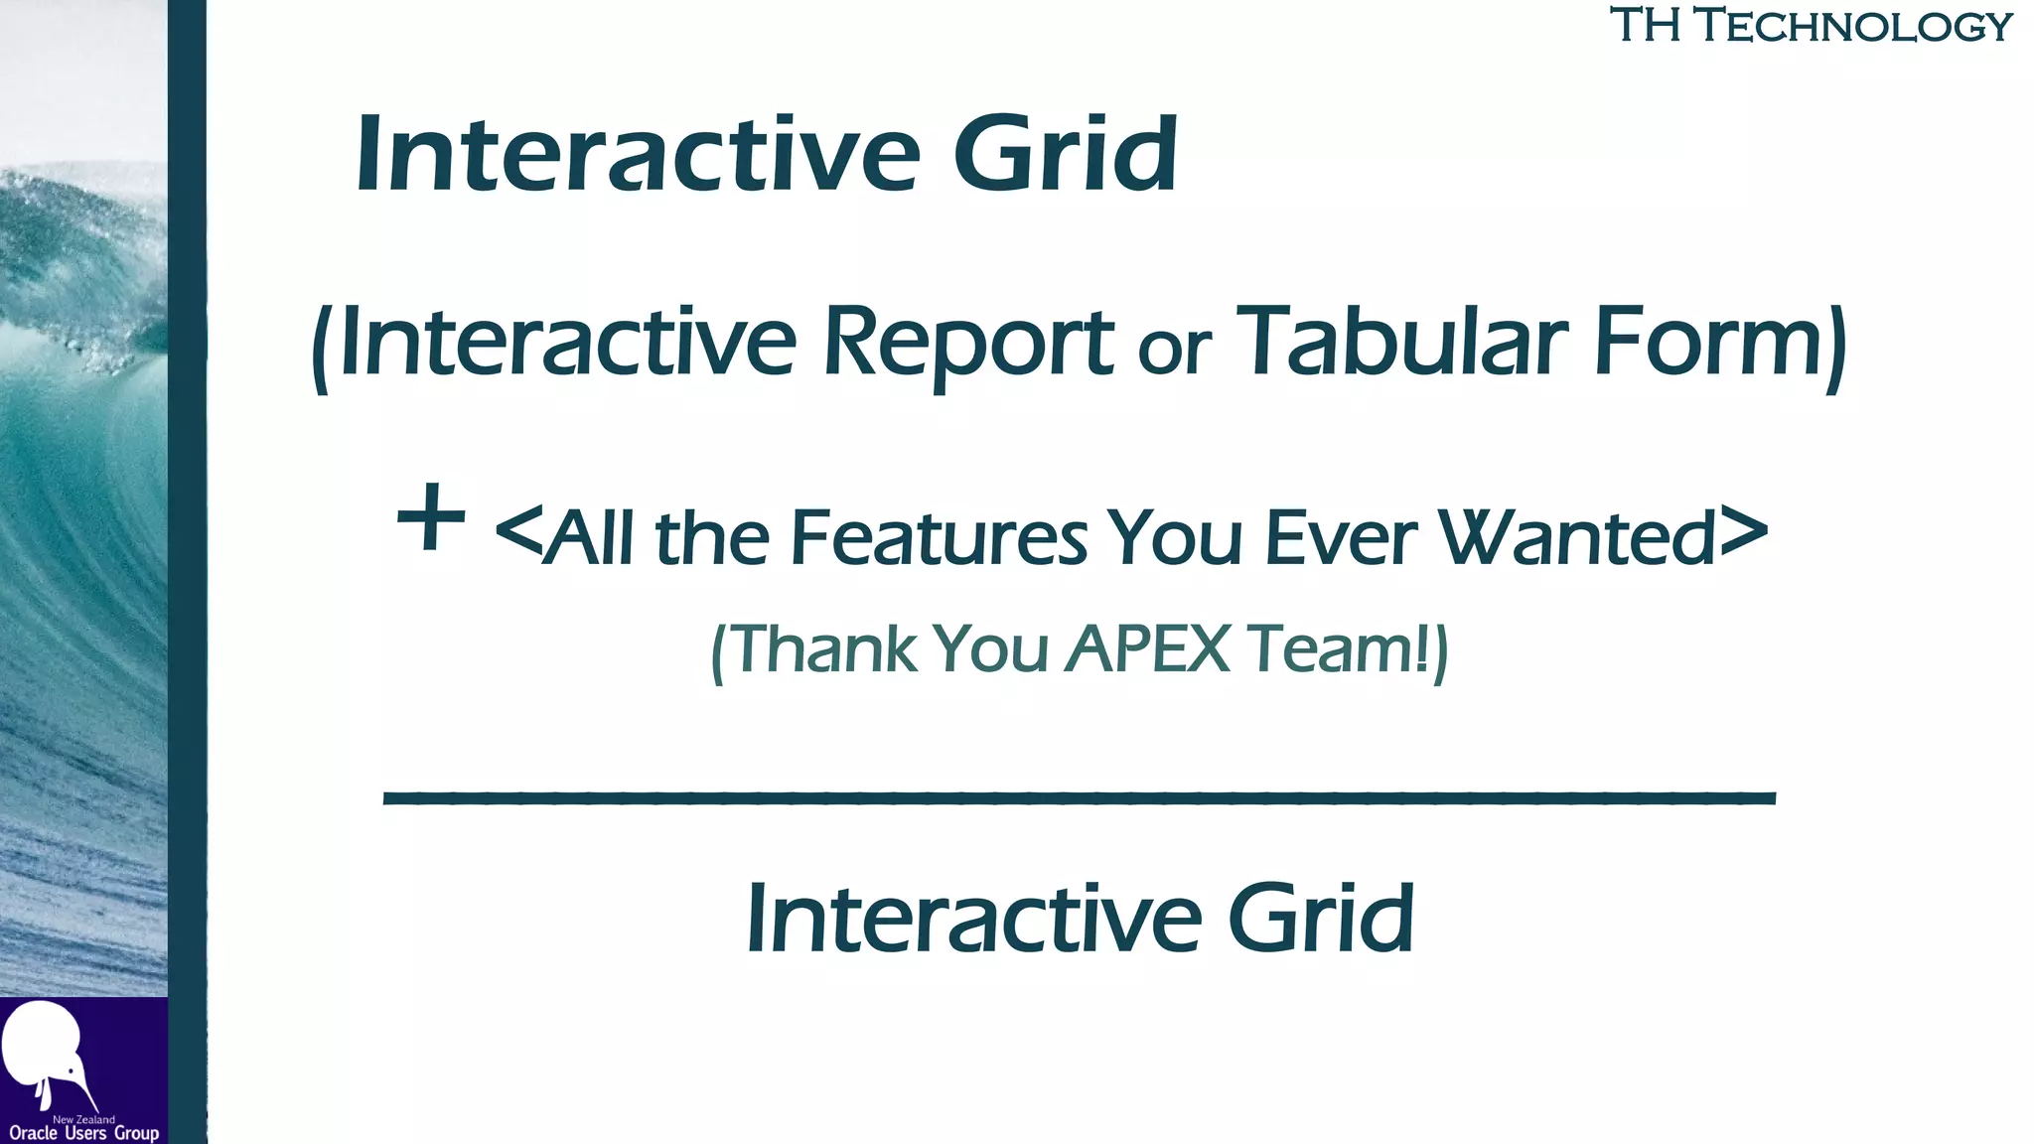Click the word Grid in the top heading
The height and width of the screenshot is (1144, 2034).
coord(1065,154)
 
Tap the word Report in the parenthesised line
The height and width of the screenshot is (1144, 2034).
coord(968,343)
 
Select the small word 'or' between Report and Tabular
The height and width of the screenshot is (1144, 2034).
coord(1174,350)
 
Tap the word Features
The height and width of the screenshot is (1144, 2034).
coord(939,538)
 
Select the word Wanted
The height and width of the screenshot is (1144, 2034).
coord(1579,538)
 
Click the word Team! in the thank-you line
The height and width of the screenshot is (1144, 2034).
coord(1341,649)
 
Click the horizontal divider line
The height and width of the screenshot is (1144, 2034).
coord(1079,797)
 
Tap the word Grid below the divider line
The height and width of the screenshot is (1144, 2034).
coord(1321,919)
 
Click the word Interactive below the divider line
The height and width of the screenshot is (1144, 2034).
coord(973,919)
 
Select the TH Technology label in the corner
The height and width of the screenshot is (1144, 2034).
coord(1810,25)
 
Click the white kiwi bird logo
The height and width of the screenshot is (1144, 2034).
coord(45,1053)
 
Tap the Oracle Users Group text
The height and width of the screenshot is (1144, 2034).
coord(83,1133)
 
